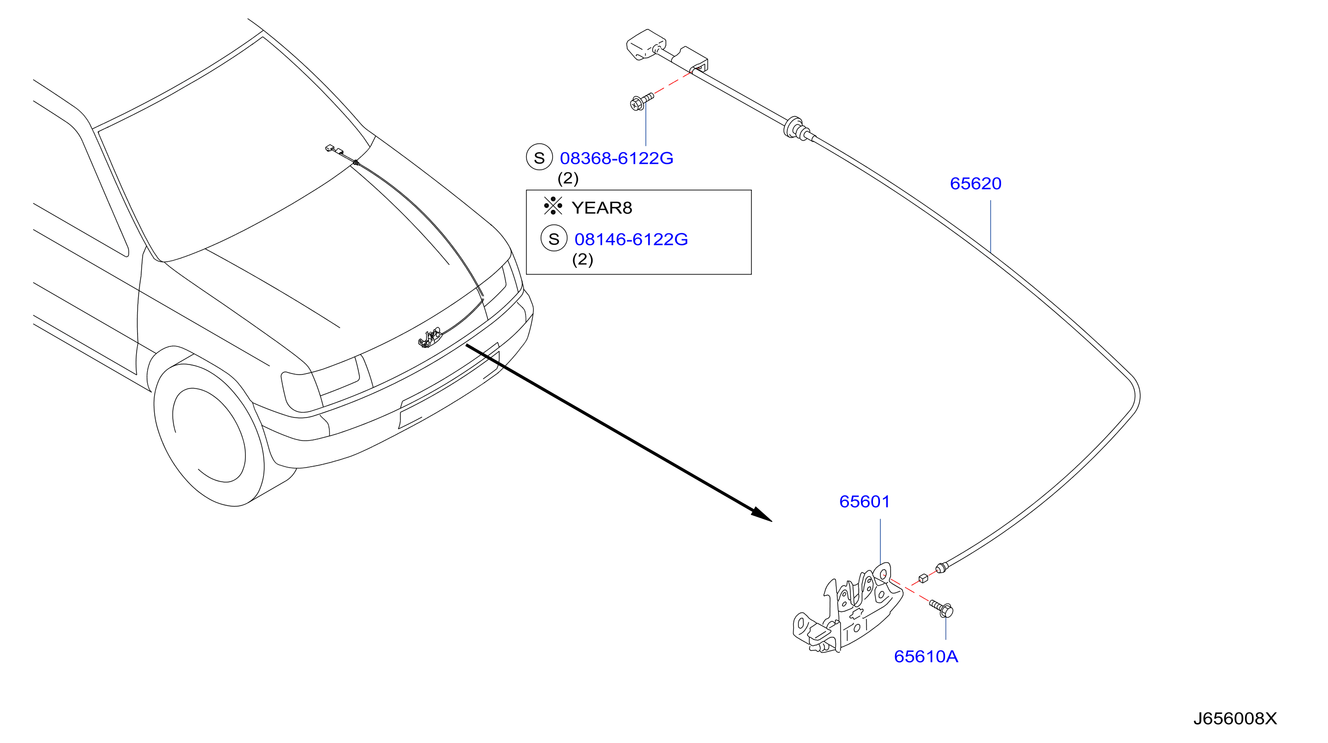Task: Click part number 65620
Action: [x=976, y=184]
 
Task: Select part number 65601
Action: [x=864, y=502]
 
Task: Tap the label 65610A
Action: [x=926, y=656]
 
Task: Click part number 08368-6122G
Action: [x=617, y=158]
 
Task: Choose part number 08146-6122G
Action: [x=631, y=239]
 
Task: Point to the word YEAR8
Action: [x=602, y=208]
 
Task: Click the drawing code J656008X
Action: [x=1235, y=719]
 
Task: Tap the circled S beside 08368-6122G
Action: [x=539, y=157]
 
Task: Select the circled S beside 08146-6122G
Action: [x=554, y=238]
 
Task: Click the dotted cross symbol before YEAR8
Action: [x=553, y=206]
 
